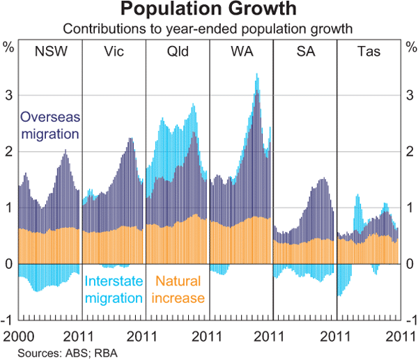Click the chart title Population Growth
pos(208,10)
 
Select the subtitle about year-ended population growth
pos(208,29)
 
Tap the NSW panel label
pos(50,51)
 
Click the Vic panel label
pos(114,51)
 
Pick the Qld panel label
pos(177,51)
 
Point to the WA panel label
pos(240,51)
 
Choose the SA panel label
pos(304,51)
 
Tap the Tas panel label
pos(368,51)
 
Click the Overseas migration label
pos(50,125)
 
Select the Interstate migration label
pos(114,290)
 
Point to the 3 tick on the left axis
pos(9,95)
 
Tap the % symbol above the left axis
pos(9,49)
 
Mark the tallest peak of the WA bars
pos(257,75)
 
